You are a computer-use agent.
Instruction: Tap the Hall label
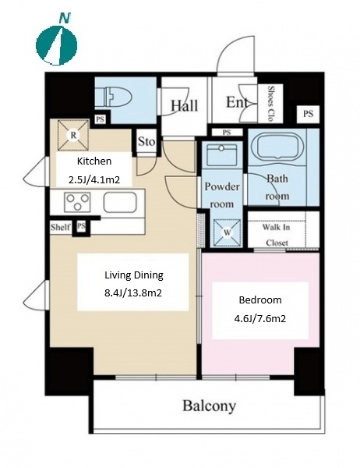(x=184, y=105)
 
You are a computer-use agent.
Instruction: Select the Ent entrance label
(x=237, y=102)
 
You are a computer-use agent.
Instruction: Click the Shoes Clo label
(x=270, y=103)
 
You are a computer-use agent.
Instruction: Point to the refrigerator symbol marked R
(x=73, y=135)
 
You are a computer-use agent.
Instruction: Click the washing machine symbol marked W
(x=228, y=232)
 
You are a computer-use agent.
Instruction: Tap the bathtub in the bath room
(x=277, y=146)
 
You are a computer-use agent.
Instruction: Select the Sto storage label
(x=146, y=141)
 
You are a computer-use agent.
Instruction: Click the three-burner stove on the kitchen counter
(x=77, y=202)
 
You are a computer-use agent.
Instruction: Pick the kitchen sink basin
(x=120, y=202)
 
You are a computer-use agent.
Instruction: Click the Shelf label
(x=61, y=227)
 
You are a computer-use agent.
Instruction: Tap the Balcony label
(x=209, y=406)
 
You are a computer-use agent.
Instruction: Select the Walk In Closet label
(x=276, y=235)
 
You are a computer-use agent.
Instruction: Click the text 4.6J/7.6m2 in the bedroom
(x=260, y=319)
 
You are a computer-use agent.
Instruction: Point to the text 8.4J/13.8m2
(x=133, y=293)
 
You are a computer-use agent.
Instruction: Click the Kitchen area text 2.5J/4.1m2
(x=94, y=180)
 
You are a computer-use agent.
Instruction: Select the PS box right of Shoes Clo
(x=308, y=114)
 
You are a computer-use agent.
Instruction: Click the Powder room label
(x=222, y=195)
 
